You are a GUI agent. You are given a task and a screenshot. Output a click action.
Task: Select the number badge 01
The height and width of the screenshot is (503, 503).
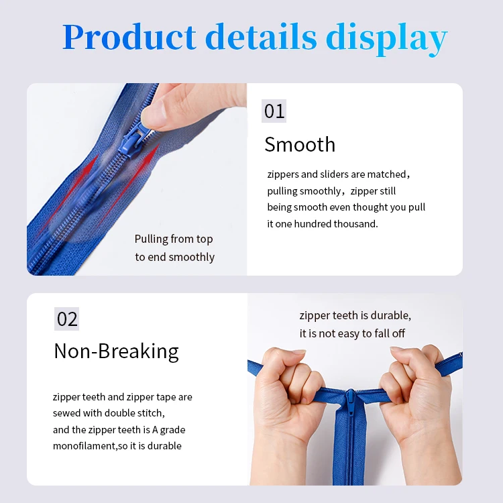pyautogui.click(x=274, y=111)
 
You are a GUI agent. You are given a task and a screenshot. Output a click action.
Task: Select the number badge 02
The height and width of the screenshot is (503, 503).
pyautogui.click(x=67, y=319)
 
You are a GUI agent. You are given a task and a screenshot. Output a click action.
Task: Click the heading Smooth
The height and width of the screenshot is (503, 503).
pyautogui.click(x=300, y=144)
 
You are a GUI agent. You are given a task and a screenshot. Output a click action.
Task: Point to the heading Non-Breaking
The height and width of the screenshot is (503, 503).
pyautogui.click(x=116, y=351)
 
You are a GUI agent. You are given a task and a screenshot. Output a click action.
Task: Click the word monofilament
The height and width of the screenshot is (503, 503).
pyautogui.click(x=84, y=446)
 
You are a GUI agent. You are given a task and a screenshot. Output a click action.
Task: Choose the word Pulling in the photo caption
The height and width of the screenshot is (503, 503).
pyautogui.click(x=150, y=239)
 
